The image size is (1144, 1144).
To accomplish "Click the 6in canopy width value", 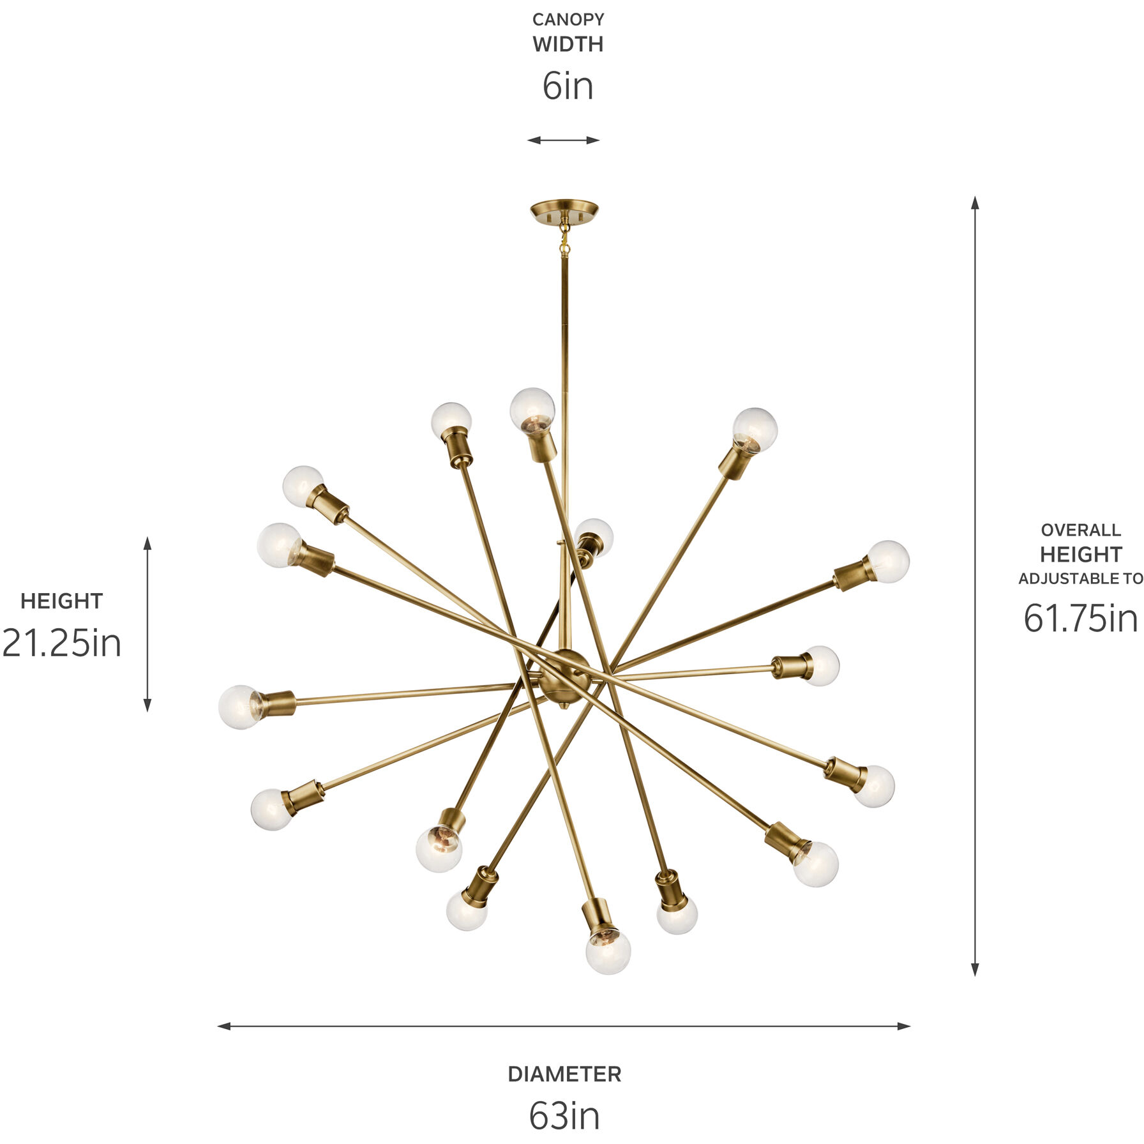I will coord(568,87).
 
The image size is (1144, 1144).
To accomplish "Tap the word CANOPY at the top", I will coord(568,20).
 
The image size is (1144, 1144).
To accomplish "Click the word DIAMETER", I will coord(564,1074).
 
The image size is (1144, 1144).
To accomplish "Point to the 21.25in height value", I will coord(61,643).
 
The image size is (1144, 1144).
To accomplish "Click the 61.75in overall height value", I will coord(1081,618).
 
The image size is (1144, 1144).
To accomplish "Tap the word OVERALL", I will coord(1081,530).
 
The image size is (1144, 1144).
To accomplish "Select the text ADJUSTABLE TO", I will coord(1081,579).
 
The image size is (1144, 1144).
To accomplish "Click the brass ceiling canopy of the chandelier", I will coord(564,210).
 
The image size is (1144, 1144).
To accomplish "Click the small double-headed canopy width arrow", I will coord(563,140).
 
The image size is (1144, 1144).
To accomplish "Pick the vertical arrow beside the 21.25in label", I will coord(147,624).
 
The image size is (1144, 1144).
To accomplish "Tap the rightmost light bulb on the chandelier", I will coord(889,561).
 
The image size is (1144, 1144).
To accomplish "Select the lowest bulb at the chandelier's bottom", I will coord(608,952).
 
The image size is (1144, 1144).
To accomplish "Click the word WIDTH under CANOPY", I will coord(568,45).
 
